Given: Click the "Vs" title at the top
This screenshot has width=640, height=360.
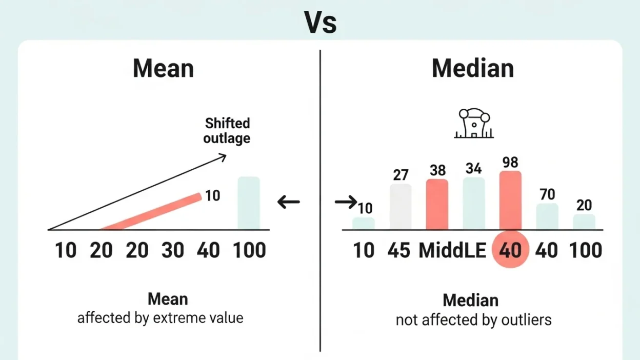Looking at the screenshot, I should [x=320, y=22].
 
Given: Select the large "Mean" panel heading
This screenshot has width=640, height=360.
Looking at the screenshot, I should [x=163, y=69].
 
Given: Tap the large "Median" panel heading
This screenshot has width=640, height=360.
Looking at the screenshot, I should [x=472, y=69].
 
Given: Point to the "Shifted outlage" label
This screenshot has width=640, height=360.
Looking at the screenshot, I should [x=227, y=131].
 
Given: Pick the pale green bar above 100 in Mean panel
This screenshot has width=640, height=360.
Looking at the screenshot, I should [x=249, y=204].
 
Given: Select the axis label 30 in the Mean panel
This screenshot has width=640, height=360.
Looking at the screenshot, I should [x=172, y=251].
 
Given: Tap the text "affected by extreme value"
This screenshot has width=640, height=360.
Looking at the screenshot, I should [x=160, y=318].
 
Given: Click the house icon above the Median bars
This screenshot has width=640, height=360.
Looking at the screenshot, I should [x=474, y=124].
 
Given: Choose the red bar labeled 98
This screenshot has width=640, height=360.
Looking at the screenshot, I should [x=510, y=200].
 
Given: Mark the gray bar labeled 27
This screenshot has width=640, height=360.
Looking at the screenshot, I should [x=401, y=207].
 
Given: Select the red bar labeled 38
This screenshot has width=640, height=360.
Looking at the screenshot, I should [x=437, y=205].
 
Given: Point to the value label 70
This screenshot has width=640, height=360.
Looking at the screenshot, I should [x=547, y=194].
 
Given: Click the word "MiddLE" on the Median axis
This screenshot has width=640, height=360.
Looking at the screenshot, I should [x=452, y=251].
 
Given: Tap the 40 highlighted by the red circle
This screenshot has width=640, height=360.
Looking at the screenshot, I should [x=510, y=251].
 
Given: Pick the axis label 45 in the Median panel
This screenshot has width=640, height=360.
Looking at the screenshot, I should [x=398, y=251].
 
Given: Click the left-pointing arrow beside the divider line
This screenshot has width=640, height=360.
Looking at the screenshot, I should [x=288, y=202].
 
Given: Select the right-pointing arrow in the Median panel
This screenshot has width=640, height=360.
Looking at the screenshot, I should [x=346, y=202].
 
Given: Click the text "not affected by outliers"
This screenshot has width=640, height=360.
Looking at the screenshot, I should [x=473, y=321].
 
